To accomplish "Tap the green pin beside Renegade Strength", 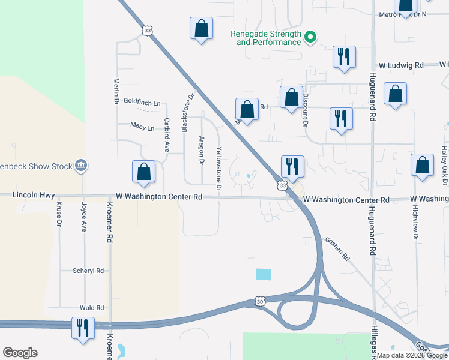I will click(x=310, y=38).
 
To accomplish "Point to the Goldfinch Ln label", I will click(x=142, y=103).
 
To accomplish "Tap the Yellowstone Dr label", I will click(x=219, y=169).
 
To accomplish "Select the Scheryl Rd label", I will click(x=88, y=271).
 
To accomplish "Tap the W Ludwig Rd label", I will click(x=401, y=65).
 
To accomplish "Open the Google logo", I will click(x=20, y=353).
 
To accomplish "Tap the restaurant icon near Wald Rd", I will click(x=82, y=328).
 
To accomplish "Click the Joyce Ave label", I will click(x=84, y=217).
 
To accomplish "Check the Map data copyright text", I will click(x=412, y=355).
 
